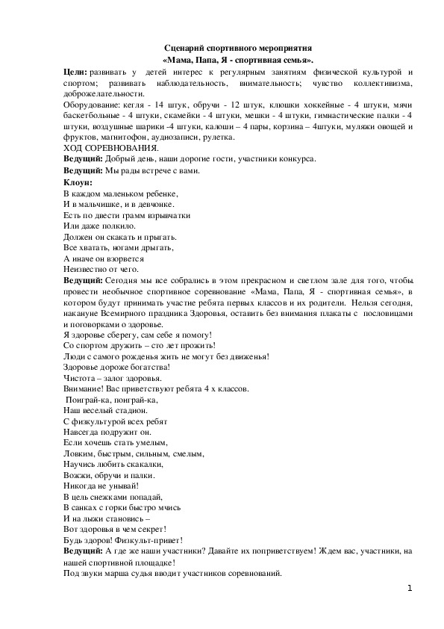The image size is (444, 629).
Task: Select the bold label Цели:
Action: click(75, 71)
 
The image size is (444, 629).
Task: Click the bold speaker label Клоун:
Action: click(78, 182)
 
